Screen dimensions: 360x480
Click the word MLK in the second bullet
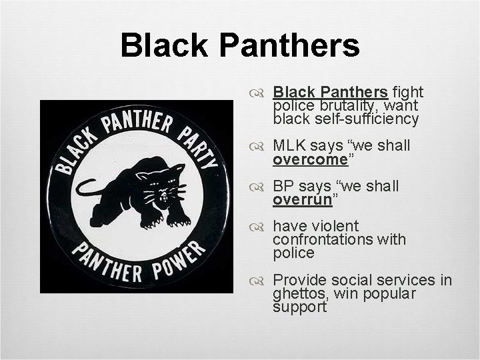click(291, 145)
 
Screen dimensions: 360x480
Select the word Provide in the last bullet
click(300, 279)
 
